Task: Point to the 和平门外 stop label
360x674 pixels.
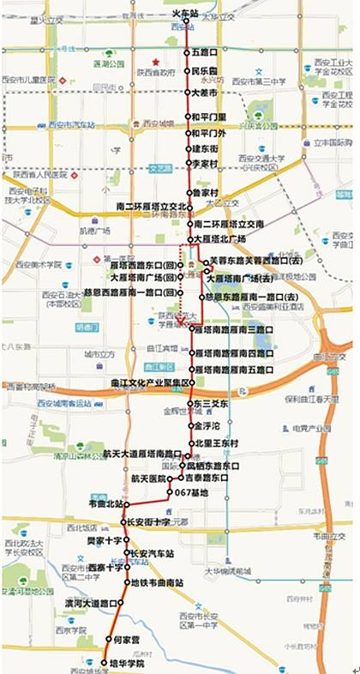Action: click(208, 133)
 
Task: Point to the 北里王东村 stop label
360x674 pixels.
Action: click(215, 442)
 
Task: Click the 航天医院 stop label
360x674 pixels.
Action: click(149, 478)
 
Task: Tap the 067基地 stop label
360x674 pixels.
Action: click(191, 491)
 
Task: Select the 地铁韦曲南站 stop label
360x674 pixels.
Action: click(156, 582)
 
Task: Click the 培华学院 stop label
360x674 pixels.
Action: click(123, 663)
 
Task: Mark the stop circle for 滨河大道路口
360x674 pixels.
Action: click(121, 603)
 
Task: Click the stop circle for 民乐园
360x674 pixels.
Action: click(189, 72)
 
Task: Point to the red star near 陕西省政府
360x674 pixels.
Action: click(155, 62)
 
